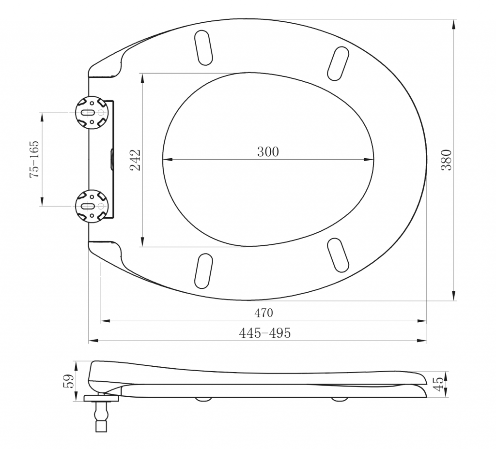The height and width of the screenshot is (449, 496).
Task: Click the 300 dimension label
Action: coord(268,151)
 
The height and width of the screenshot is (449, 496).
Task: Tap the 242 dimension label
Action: coord(135,160)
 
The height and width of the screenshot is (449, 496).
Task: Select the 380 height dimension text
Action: coord(446,160)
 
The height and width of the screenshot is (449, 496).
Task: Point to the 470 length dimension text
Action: coord(263,313)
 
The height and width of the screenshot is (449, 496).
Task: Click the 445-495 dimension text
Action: coord(265,333)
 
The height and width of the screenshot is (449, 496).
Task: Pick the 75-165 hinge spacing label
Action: coord(34,159)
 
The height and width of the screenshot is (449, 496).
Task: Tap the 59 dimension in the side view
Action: coord(69,381)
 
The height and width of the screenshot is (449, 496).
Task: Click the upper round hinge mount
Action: coord(92,112)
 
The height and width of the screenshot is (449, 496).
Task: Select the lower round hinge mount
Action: coord(92,206)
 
